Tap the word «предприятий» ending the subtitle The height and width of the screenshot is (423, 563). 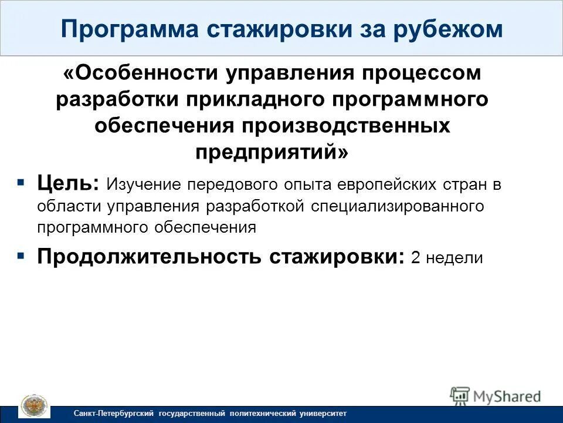pyautogui.click(x=267, y=152)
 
